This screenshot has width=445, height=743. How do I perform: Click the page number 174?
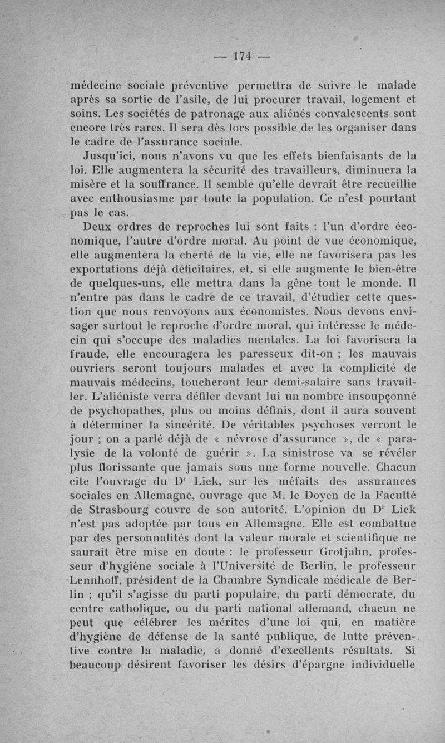[243, 56]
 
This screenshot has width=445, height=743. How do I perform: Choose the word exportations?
[112, 269]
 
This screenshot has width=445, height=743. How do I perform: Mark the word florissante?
[124, 468]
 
